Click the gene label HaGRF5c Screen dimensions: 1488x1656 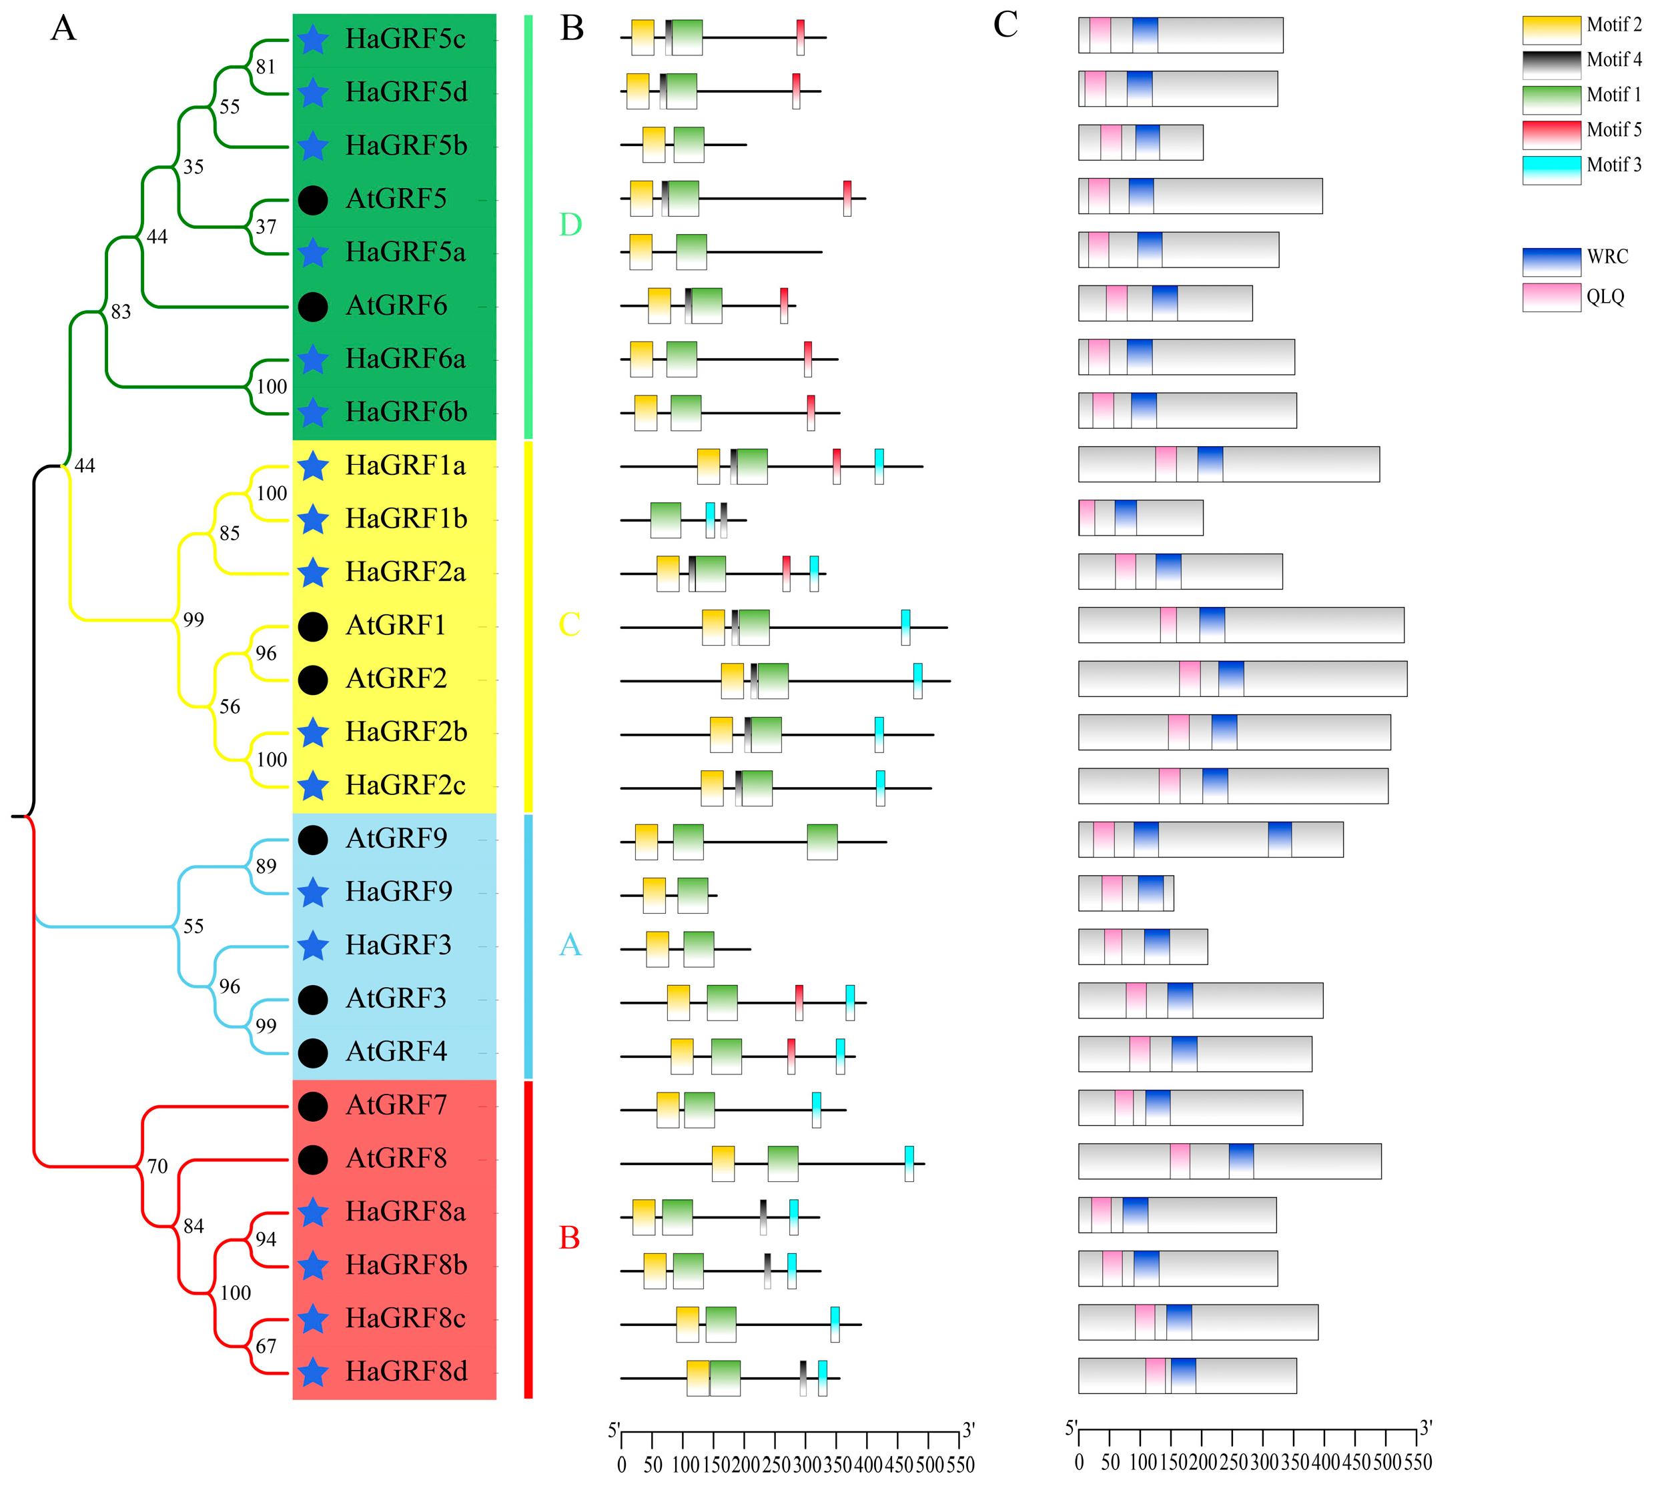pos(405,39)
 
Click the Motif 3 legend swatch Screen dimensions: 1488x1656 pos(1551,169)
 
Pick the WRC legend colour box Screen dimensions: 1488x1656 pos(1551,261)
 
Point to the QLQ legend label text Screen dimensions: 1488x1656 pos(1605,296)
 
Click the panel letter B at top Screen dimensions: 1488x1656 pos(572,28)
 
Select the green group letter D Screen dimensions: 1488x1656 pos(570,224)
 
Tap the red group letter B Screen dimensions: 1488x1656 pos(569,1238)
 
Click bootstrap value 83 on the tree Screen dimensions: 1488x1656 pos(120,311)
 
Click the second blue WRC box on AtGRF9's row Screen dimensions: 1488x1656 pos(1279,840)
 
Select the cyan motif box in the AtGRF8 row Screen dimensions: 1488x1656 pos(909,1163)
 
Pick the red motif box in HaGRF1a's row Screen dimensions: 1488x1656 pos(837,466)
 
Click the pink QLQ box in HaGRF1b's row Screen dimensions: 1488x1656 pos(1086,518)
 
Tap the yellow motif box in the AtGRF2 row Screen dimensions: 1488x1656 pos(732,680)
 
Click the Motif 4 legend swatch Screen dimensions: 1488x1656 pos(1551,65)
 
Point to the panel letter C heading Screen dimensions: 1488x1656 pos(1005,25)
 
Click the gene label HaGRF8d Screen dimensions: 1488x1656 pos(406,1371)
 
